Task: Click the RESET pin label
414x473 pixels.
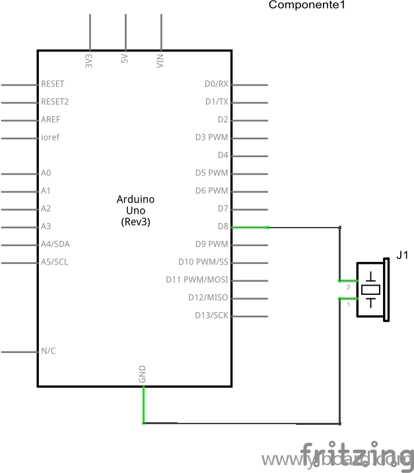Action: click(x=52, y=84)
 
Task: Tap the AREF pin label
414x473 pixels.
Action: click(x=51, y=120)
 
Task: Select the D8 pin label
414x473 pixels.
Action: click(x=223, y=226)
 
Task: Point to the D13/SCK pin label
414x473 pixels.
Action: click(x=211, y=315)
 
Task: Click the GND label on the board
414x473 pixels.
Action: click(x=143, y=375)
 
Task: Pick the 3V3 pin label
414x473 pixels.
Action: click(x=89, y=61)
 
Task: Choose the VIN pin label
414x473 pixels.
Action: click(x=160, y=61)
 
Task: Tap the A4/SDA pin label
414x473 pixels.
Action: click(x=55, y=244)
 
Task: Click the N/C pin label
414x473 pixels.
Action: click(x=48, y=351)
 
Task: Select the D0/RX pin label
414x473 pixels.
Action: click(x=217, y=84)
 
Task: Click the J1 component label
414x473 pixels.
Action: click(x=401, y=255)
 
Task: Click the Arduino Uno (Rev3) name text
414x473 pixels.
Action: click(x=135, y=210)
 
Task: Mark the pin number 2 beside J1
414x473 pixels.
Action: click(x=348, y=288)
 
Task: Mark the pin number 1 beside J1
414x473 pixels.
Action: click(x=348, y=304)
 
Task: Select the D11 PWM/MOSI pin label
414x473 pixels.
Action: click(x=197, y=280)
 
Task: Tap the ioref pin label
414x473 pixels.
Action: click(x=50, y=138)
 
